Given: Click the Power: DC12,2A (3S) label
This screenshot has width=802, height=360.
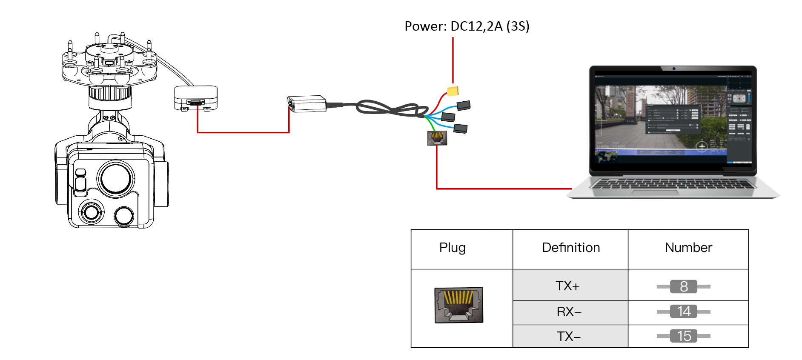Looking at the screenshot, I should coord(467,26).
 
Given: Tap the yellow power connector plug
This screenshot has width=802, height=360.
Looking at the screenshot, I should coord(453,91).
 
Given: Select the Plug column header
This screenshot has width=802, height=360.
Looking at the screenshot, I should coord(453,248).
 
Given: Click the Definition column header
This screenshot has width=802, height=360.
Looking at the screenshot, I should coord(570,248).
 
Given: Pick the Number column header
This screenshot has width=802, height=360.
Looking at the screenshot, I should coord(688,248).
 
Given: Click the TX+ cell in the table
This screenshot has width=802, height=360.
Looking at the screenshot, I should coord(567,286).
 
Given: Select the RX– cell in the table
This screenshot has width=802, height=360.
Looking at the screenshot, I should coord(569,312).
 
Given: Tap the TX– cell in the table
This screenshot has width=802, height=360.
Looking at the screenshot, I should coord(569,337).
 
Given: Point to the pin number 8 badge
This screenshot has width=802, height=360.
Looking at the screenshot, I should coord(684,286).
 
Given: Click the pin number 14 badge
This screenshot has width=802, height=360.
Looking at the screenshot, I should coord(684,311).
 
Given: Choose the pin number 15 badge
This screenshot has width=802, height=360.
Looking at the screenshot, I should coord(684,336).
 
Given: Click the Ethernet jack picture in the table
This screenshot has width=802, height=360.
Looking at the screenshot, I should coord(458,305).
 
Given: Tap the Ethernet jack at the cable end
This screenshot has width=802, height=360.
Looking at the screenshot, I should coord(437,138).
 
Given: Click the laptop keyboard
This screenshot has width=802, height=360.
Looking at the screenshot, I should coord(673,184).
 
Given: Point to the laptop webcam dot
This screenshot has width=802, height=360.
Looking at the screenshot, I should coord(674,69).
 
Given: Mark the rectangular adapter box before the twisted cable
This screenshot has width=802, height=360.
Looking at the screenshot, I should coord(307,104).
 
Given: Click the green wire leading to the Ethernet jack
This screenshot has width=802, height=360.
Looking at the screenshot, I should coord(431,124).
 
